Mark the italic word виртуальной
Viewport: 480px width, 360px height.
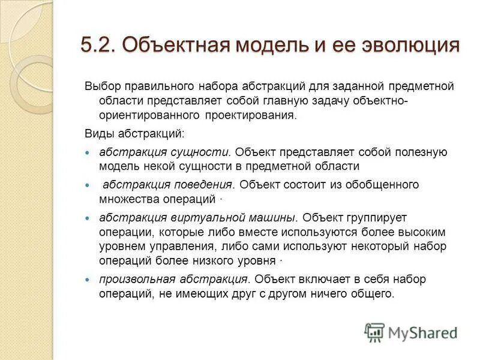[182, 217]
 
